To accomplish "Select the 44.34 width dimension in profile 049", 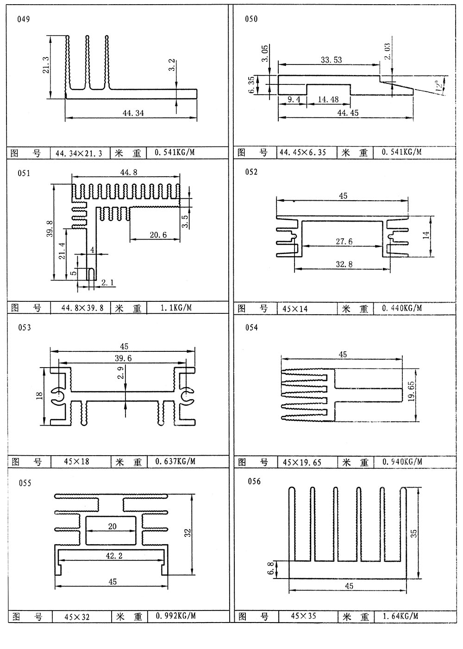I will click(x=131, y=113).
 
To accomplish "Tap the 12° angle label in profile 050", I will click(x=438, y=85).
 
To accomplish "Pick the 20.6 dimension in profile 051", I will click(x=158, y=235).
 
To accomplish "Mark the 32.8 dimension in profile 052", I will click(x=343, y=264).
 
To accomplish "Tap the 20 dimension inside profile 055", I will click(x=113, y=526).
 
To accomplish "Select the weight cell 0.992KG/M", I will click(x=175, y=616).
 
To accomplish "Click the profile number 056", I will click(x=254, y=482).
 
